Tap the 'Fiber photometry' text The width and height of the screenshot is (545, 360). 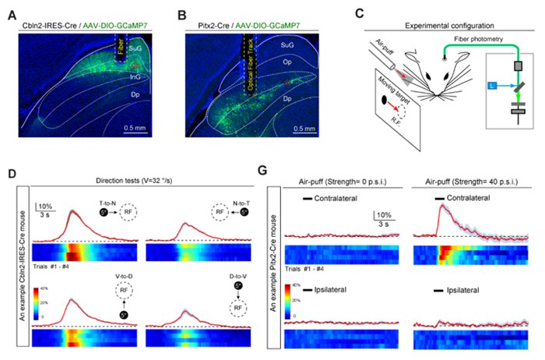tap(469, 37)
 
